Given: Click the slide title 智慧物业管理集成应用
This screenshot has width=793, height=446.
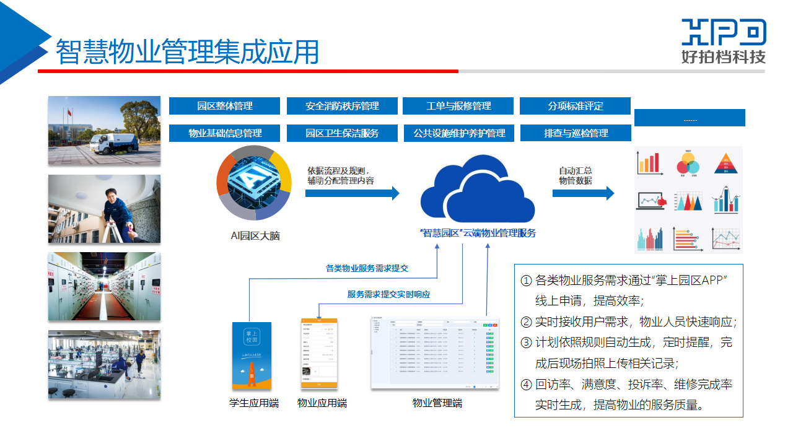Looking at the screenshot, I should (x=187, y=52).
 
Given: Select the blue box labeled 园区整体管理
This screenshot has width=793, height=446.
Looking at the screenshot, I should (x=225, y=106).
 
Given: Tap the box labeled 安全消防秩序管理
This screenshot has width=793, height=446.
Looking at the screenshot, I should (x=342, y=106).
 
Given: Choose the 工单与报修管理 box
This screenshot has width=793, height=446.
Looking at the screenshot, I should (x=458, y=106).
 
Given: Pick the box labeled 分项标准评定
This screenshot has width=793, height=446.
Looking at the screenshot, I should (x=575, y=106).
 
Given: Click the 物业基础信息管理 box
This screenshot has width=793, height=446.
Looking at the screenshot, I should (x=225, y=133).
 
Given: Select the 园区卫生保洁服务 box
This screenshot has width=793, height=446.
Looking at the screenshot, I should (x=342, y=133).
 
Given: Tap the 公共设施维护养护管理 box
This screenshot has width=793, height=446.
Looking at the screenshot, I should (x=458, y=133).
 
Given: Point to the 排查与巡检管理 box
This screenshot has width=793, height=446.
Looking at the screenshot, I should (x=575, y=133).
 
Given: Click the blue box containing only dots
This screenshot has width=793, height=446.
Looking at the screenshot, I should (x=690, y=118).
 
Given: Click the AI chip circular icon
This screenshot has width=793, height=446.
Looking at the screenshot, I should (x=253, y=183).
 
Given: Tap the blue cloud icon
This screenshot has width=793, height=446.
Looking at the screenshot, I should (x=477, y=193).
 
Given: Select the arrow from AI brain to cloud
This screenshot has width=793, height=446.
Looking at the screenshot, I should (x=352, y=193).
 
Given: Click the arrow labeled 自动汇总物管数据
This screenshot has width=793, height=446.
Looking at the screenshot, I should (x=583, y=193).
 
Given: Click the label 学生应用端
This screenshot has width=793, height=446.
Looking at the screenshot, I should (x=254, y=403).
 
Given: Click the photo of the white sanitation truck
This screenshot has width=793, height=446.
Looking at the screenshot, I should (x=104, y=130).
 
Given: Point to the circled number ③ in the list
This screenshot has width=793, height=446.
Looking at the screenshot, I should (x=526, y=342).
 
